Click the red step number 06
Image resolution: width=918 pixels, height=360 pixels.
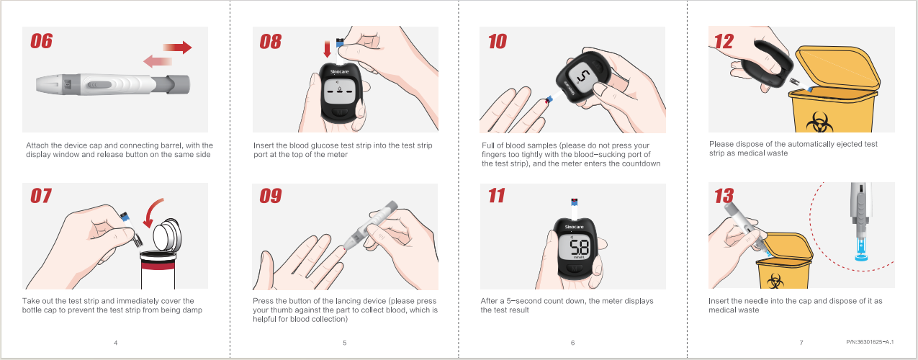41,41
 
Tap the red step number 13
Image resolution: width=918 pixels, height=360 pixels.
724,196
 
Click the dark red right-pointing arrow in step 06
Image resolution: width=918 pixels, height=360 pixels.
177,47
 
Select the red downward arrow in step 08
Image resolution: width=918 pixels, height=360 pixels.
327,49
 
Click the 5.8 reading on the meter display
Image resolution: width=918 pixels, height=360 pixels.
580,248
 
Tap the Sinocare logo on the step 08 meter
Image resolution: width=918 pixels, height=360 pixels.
339,72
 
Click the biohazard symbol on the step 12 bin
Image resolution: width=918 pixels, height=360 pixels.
819,122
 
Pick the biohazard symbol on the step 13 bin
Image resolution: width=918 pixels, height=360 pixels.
775,282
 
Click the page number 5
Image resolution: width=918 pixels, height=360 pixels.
345,343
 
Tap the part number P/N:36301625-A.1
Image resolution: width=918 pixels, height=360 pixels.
870,341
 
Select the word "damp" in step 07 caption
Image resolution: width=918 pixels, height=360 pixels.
192,310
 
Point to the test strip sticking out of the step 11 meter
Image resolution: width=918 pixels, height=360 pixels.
575,209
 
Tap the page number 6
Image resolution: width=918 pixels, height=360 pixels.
572,343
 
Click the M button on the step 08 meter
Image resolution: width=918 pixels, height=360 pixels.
339,112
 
